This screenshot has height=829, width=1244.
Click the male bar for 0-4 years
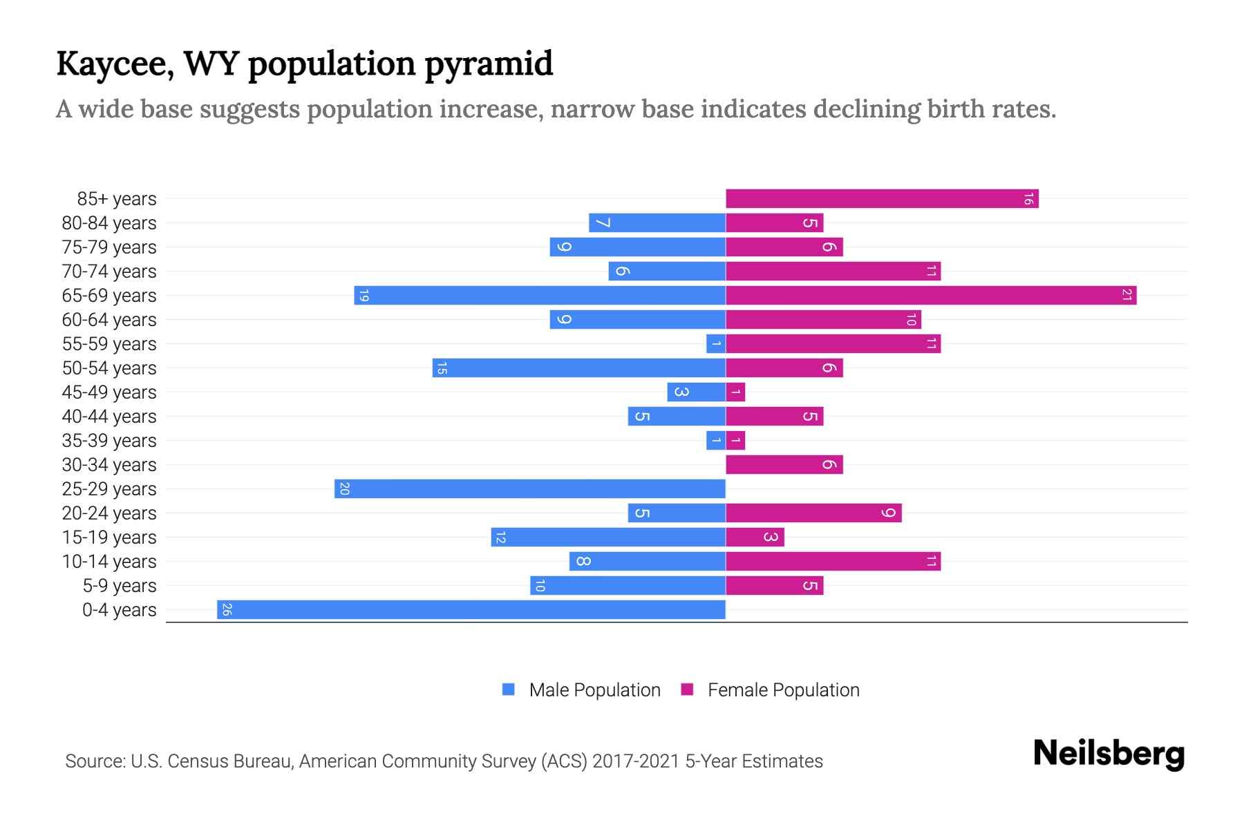(471, 610)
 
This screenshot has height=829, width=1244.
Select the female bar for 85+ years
(882, 199)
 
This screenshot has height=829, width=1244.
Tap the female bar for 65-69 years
(931, 296)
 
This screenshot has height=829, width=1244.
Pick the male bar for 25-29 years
(530, 489)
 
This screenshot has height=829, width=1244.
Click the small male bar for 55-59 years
(716, 344)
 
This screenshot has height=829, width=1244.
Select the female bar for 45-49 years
(735, 392)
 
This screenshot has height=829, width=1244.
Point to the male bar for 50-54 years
(579, 368)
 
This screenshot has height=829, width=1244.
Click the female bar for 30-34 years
(784, 465)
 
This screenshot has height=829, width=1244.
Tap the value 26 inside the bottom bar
(227, 610)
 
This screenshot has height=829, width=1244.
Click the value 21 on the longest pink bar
(1127, 296)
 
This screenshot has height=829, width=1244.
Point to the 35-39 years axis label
(109, 441)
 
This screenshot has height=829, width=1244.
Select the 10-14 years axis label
(109, 562)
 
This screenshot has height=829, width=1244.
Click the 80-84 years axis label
(109, 223)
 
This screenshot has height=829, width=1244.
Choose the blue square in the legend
(509, 689)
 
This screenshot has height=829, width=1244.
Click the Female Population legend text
(783, 690)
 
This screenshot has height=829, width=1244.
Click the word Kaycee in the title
(115, 64)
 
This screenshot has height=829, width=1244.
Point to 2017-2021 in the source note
(636, 761)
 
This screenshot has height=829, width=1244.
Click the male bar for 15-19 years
(608, 537)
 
